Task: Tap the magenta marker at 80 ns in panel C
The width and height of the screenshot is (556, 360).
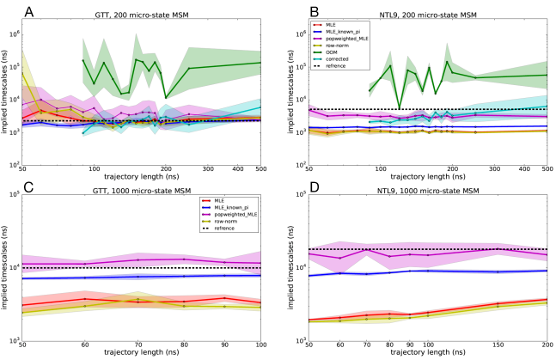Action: tap(184, 259)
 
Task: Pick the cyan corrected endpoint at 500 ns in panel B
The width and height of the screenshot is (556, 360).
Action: tap(547, 107)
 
